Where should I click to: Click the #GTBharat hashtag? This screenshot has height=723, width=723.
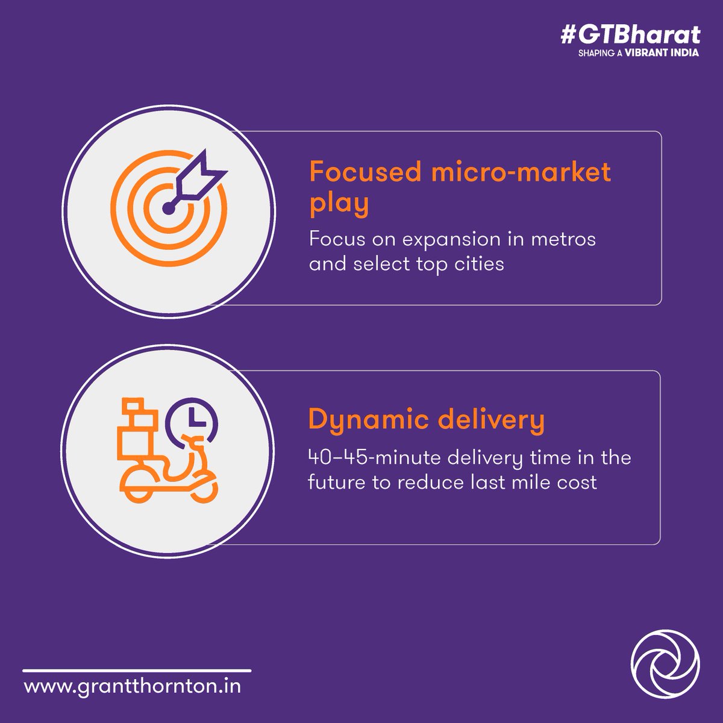coord(630,35)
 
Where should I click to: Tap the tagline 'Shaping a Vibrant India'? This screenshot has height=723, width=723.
coord(638,53)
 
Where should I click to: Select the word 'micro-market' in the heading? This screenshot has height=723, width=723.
coord(521,172)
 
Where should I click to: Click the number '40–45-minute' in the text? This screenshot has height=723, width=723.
coord(375,458)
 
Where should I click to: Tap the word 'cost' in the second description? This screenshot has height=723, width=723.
coord(577,483)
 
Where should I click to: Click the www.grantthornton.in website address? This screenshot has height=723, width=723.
coord(133,686)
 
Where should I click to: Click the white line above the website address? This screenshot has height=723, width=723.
coord(137,670)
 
